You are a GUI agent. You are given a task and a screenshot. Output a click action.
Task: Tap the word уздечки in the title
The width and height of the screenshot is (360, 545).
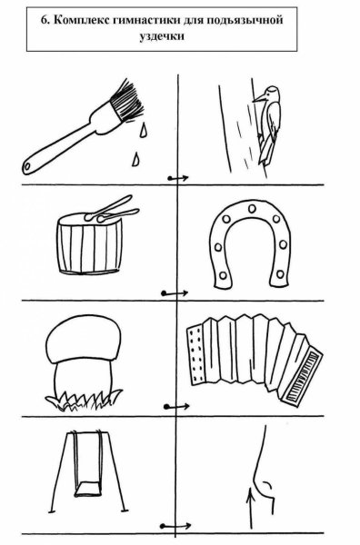coord(162,35)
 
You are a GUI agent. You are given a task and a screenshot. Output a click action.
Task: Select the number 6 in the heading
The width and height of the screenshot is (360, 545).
coord(45,20)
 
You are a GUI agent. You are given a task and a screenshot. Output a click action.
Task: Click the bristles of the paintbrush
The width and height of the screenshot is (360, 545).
coord(126,100)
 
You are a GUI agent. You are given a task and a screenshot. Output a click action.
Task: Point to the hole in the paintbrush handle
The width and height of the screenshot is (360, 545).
coord(26,167)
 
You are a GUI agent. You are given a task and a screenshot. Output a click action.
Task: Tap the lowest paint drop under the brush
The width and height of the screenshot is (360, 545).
coord(136,159)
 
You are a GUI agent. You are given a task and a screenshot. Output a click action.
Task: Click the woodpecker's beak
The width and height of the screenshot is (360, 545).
coord(258,99)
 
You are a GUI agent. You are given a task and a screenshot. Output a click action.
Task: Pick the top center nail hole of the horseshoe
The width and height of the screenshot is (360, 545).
coord(252,209)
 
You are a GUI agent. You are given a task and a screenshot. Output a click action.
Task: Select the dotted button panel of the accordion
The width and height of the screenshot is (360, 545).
coord(196,354)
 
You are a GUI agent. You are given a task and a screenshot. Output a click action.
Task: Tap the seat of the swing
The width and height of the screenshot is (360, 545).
coord(87,489)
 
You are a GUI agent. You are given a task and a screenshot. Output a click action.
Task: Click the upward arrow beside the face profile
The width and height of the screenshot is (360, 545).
coord(249,508)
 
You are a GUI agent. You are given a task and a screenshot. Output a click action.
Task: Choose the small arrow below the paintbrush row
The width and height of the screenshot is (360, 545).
coord(178,178)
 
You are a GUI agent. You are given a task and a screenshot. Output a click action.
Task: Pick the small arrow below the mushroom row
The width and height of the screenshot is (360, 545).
coord(176,406)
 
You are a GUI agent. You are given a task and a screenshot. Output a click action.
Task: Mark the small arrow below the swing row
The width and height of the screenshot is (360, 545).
coord(176,526)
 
